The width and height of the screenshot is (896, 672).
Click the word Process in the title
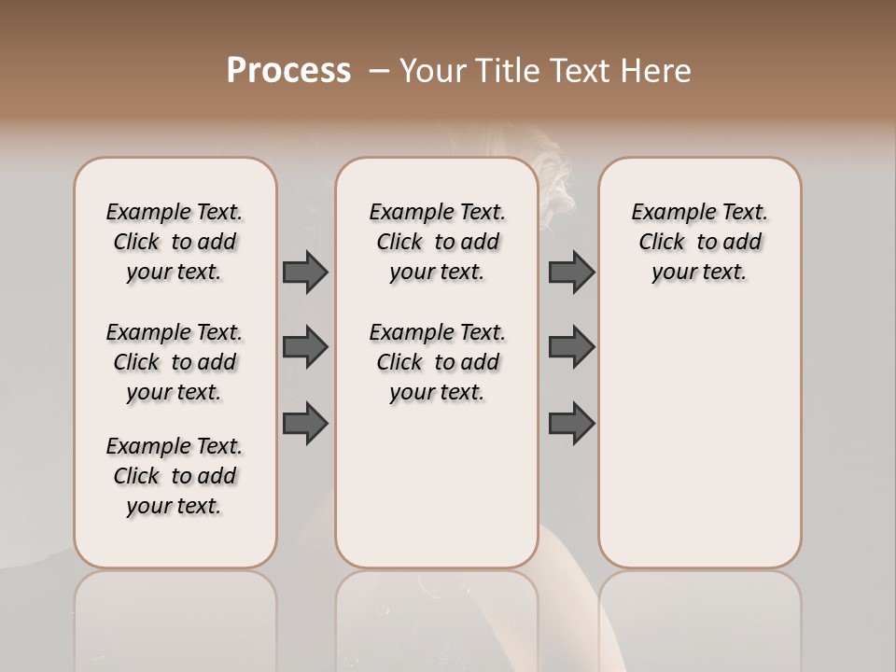288,70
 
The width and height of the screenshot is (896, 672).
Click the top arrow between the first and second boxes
305,272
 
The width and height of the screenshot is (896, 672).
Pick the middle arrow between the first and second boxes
305,347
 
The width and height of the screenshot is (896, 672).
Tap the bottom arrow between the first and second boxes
305,424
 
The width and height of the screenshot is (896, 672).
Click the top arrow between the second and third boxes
571,272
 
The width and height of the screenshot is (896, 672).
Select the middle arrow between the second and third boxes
571,347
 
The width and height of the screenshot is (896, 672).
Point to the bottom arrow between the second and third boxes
571,424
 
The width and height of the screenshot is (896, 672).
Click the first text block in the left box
175,242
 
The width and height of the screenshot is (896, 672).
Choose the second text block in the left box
175,362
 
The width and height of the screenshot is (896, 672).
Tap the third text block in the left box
175,476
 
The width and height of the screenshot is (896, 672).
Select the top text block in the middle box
437,242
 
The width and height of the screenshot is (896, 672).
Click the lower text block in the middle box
437,362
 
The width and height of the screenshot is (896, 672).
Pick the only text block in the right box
699,242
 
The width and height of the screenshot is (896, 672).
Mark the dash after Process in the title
378,70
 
